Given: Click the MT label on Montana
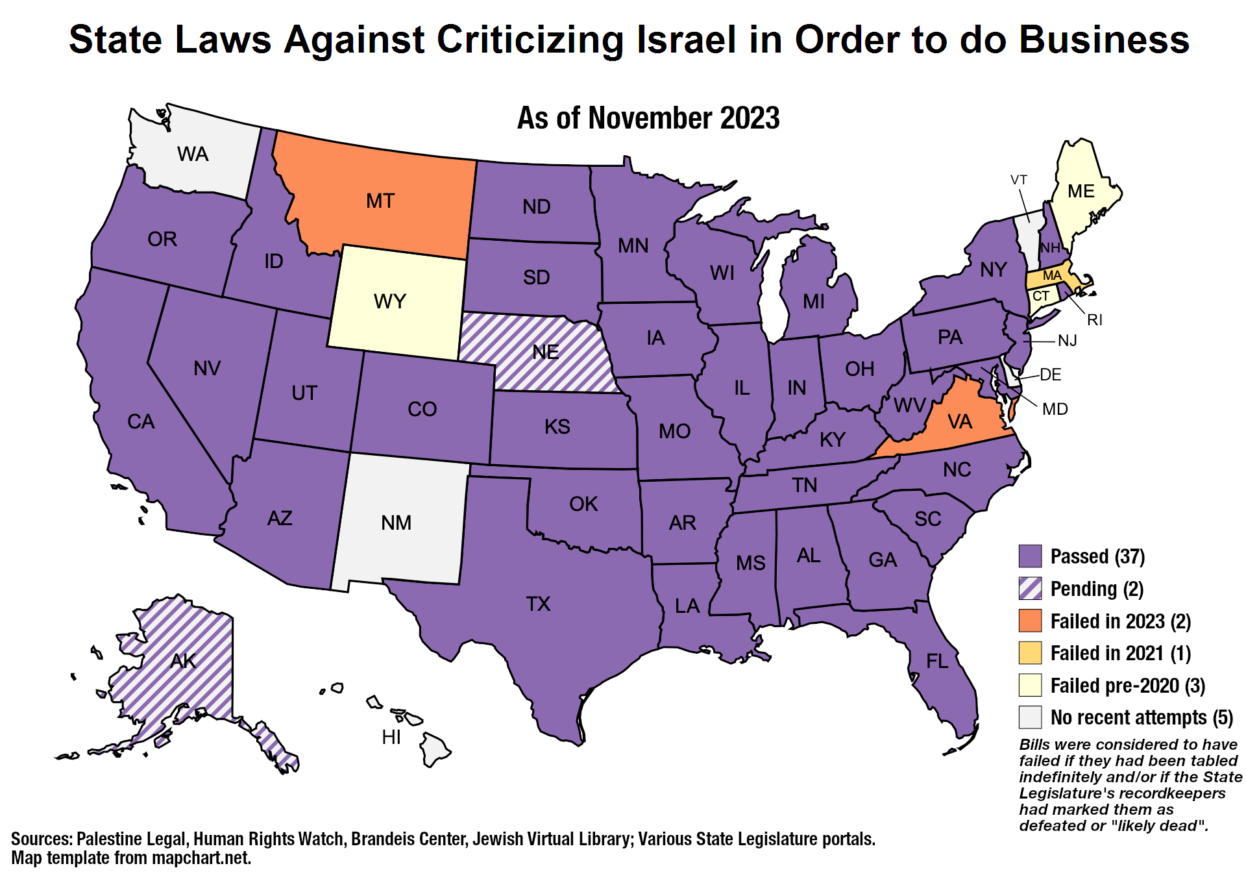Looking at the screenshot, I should (380, 201).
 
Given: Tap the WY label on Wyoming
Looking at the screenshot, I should (389, 301).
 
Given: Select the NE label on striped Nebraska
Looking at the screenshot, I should (545, 352).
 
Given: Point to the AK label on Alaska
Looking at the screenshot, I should (183, 661).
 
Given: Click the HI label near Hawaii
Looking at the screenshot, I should (391, 737).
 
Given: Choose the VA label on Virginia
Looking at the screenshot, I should (959, 422).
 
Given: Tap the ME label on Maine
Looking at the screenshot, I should (1081, 191).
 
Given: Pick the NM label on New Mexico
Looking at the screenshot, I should (396, 523).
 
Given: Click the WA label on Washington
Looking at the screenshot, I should (193, 154).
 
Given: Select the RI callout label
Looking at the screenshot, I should (1095, 319).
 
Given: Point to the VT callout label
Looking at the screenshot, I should (1019, 180).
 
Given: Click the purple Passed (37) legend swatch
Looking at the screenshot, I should (1030, 556).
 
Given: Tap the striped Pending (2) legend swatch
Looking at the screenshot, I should (1030, 589).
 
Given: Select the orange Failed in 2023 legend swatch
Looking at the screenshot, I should (1030, 621).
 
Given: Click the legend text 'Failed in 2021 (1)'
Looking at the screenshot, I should (1120, 653).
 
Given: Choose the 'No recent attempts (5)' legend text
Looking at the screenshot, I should (1142, 717).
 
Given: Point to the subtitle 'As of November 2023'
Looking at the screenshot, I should (648, 118).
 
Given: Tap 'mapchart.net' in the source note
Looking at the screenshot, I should (201, 858).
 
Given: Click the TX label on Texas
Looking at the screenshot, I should (538, 604).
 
